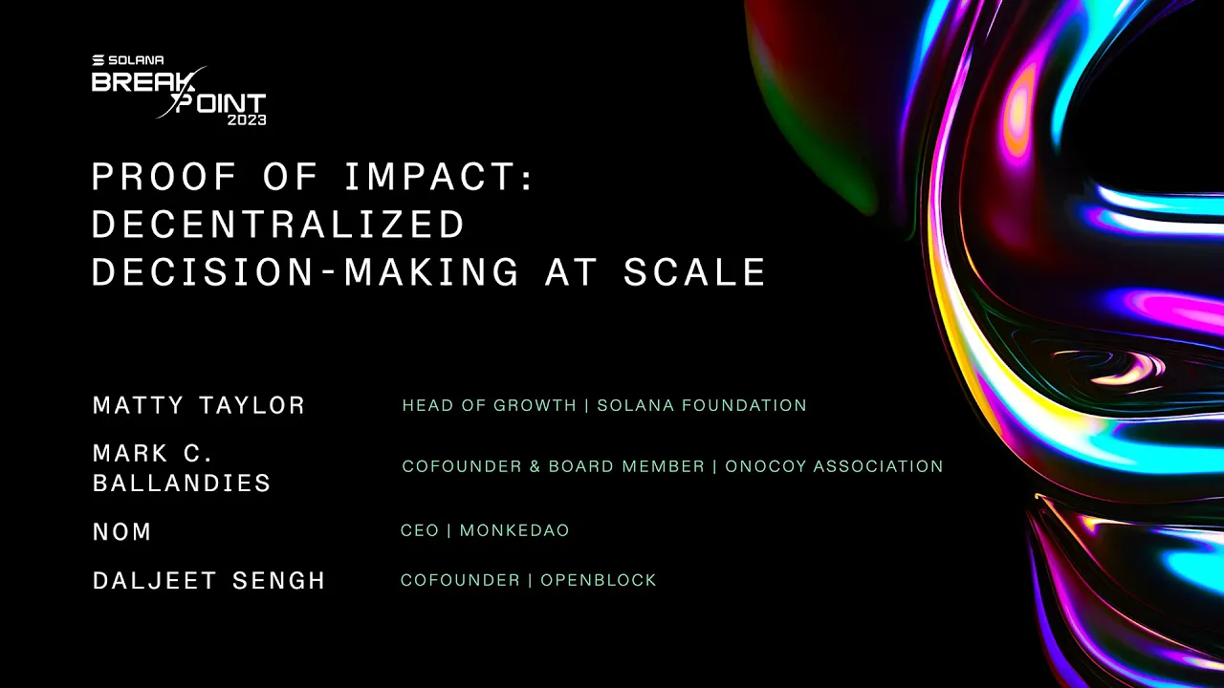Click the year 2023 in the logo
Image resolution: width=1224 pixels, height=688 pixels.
(x=246, y=120)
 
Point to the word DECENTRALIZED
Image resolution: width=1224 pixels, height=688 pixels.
(x=278, y=225)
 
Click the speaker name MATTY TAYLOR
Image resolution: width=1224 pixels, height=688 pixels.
(x=199, y=405)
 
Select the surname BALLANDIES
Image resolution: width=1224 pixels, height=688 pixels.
(x=182, y=484)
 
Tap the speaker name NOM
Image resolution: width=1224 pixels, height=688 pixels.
(x=122, y=532)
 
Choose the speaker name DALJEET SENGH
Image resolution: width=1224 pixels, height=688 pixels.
(x=209, y=581)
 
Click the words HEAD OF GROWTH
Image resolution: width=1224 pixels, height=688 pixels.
(x=489, y=405)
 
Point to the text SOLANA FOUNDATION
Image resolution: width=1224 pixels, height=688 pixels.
(x=702, y=405)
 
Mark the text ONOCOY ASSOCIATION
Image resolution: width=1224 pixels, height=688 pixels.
(x=834, y=466)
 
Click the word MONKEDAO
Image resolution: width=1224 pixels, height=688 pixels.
(x=514, y=530)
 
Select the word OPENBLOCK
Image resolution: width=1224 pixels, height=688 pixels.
(x=599, y=580)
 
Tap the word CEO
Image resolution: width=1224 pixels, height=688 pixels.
(x=420, y=530)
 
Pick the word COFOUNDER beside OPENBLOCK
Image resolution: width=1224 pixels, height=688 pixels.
(x=460, y=580)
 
